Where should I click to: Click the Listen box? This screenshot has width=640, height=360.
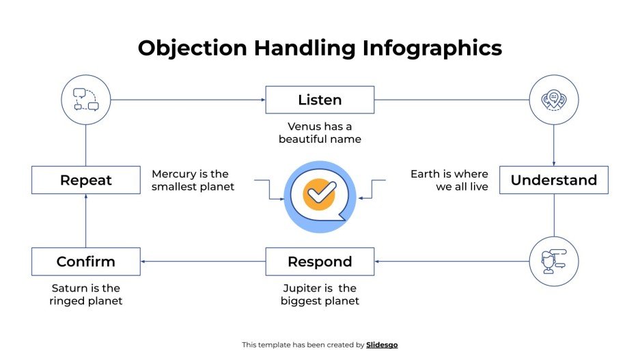[x=320, y=100]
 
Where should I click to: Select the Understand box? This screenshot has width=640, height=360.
[x=553, y=180]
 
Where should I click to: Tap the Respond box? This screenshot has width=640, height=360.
[x=320, y=262]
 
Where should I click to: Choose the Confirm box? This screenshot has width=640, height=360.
[x=85, y=262]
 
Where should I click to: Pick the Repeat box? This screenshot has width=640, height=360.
[x=85, y=180]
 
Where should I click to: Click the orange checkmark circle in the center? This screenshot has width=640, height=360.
[x=319, y=192]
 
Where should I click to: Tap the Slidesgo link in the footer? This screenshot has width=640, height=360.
[x=382, y=345]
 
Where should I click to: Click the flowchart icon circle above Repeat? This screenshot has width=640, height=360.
[x=85, y=100]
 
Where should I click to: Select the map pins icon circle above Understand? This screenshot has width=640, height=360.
[x=553, y=100]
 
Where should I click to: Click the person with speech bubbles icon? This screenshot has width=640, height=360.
[x=553, y=262]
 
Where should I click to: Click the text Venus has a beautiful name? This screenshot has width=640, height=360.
[x=320, y=133]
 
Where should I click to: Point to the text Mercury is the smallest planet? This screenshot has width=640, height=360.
[x=193, y=180]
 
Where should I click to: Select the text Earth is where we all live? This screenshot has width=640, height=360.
[x=449, y=180]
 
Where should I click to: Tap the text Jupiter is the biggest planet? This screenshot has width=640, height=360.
[x=320, y=294]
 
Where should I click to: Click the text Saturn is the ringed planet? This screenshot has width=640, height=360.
[x=85, y=294]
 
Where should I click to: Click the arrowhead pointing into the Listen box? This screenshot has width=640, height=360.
[x=262, y=100]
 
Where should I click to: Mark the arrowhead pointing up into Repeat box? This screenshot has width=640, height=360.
[x=85, y=197]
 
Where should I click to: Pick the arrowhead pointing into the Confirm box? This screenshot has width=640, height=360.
[x=144, y=262]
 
